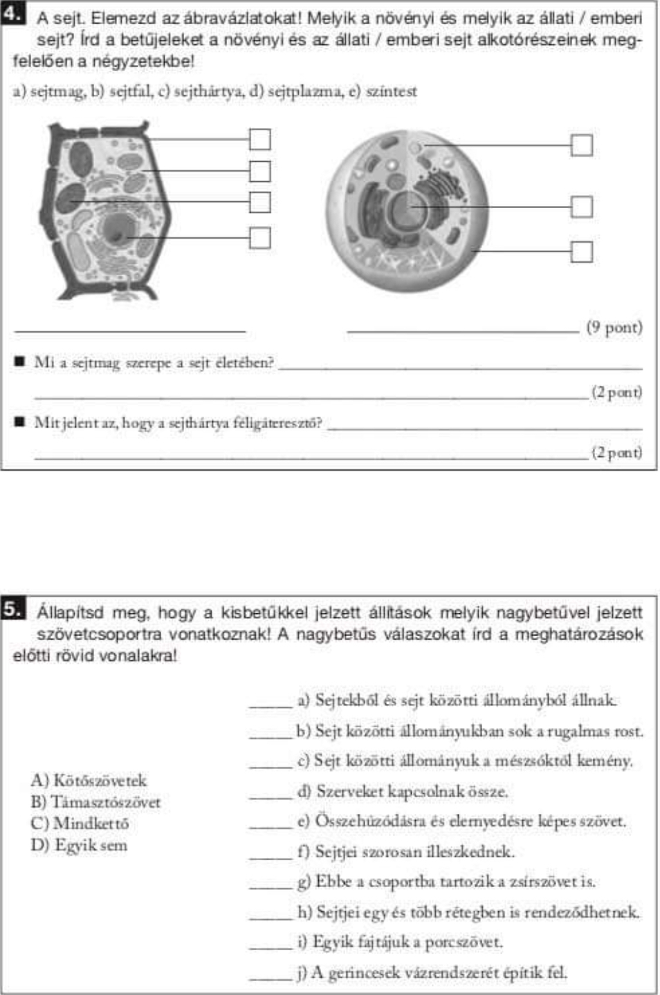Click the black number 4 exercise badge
12,13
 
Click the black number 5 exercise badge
12,608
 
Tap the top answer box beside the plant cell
259,139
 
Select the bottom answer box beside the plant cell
259,237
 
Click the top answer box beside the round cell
581,145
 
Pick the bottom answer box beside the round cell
581,252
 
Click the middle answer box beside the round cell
581,206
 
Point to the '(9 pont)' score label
614,327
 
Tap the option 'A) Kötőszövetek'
89,781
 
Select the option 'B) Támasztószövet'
95,802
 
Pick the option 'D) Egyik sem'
79,845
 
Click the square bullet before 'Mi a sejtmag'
19,361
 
